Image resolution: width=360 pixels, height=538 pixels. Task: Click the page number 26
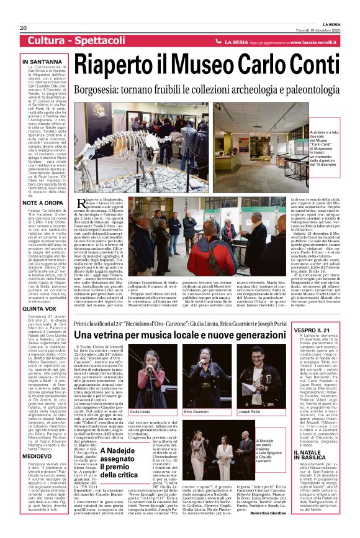23,29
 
